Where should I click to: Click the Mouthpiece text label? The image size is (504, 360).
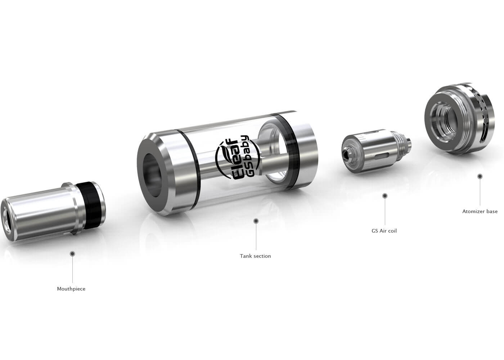pos(71,289)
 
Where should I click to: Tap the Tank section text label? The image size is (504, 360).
pos(255,256)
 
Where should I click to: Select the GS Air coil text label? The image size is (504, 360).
pos(384,231)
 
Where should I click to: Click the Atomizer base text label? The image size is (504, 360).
pos(480,212)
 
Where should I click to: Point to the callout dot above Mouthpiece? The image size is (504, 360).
pos(72,254)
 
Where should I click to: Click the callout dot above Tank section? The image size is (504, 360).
pos(256,221)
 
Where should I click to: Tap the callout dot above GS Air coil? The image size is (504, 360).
pos(385,196)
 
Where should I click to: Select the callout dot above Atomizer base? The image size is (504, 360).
pos(480,176)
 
